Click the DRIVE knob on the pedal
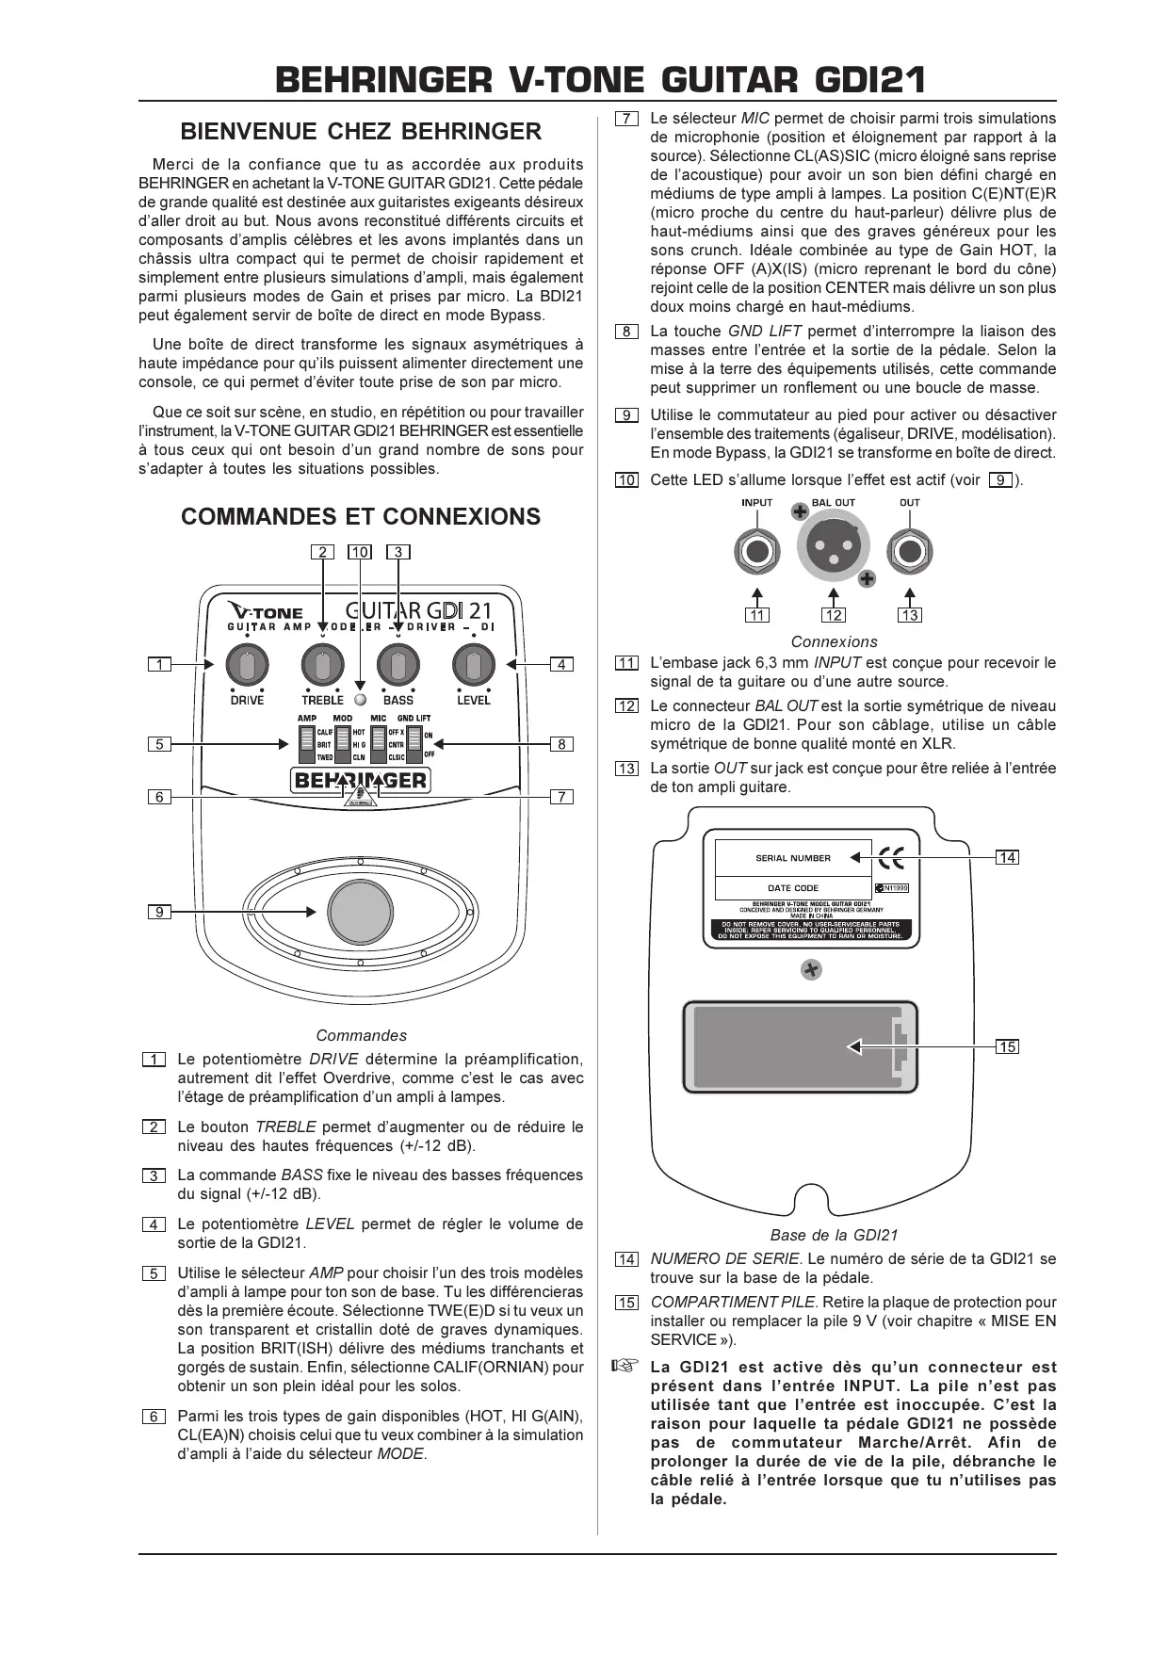pos(247,666)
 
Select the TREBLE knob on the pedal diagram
pos(322,666)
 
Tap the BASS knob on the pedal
pos(398,666)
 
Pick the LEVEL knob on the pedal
pos(474,666)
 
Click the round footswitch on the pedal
pos(360,911)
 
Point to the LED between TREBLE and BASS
pos(360,700)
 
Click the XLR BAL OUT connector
pos(834,549)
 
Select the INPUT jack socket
pos(757,550)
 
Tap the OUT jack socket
pos(910,550)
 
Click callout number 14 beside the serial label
pos(1008,857)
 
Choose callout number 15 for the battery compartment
pos(1008,1046)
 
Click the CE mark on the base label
pos(891,858)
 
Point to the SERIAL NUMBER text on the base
pos(793,858)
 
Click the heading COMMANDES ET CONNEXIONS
pos(361,516)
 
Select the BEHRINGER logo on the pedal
pos(361,780)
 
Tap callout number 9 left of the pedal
pos(160,912)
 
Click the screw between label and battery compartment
pos(811,968)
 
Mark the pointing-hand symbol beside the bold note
pos(625,1366)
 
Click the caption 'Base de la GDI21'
pos(834,1235)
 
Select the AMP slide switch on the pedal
pos(305,744)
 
